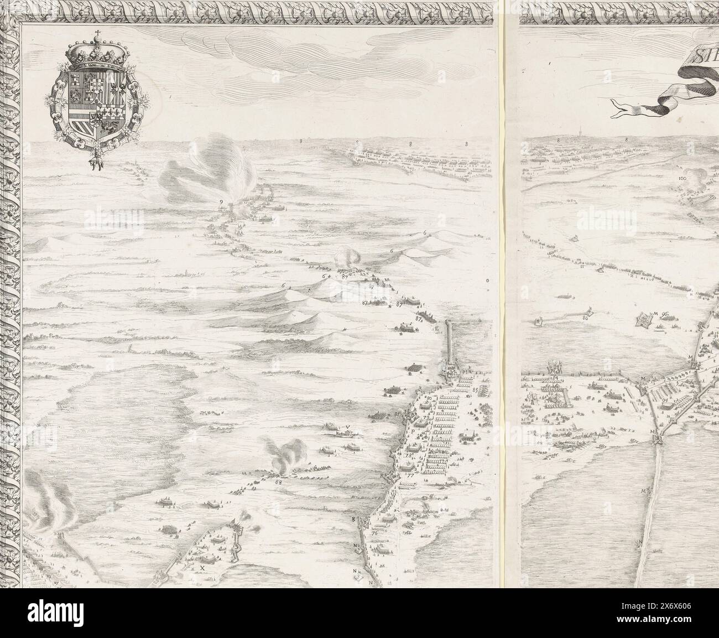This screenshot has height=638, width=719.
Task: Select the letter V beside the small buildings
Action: pyautogui.click(x=347, y=427)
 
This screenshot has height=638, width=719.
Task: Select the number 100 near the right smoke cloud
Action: pyautogui.click(x=681, y=179)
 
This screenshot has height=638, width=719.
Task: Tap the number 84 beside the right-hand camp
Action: pyautogui.click(x=554, y=378)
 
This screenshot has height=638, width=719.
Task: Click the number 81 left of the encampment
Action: pyautogui.click(x=397, y=414)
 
